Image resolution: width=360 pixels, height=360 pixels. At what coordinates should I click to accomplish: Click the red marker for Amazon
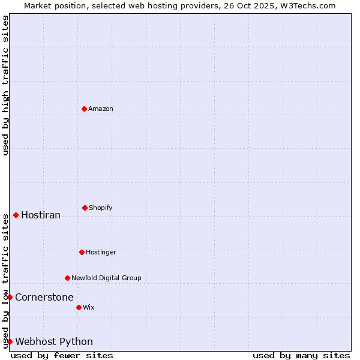coord(84,109)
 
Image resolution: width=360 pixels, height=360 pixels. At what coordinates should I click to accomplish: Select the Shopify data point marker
coord(85,208)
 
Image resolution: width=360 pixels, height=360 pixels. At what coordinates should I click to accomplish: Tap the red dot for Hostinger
coord(82,252)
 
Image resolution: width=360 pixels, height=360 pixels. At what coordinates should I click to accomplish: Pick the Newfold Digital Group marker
coord(67,278)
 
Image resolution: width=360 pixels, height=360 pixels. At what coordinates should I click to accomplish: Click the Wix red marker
coord(79,307)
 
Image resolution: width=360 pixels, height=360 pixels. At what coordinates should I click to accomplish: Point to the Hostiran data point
coord(16,215)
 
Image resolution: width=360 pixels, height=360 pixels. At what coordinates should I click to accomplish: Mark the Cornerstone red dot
coord(10,297)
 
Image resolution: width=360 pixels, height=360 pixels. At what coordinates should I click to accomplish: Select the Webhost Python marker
coord(10,341)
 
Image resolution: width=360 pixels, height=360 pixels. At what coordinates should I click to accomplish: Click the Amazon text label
coord(101,109)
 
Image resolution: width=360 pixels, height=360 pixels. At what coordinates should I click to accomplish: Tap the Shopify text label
coord(101,208)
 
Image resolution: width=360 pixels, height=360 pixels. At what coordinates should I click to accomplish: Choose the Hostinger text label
coord(101,252)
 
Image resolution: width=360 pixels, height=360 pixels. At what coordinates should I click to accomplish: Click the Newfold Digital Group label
coord(106,278)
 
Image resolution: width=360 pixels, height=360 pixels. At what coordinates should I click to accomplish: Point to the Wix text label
coord(89,307)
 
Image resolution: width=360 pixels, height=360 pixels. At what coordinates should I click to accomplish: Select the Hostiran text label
coord(41,215)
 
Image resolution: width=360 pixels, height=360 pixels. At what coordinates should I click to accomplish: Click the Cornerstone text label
coord(44,297)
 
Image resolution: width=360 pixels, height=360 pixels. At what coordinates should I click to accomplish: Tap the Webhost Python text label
coord(54,341)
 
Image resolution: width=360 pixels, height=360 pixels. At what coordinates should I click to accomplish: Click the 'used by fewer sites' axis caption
coord(62,355)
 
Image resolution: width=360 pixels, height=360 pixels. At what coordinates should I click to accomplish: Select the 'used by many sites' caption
coord(301,355)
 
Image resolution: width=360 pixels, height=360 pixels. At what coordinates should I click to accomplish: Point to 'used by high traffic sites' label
coord(5,85)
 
